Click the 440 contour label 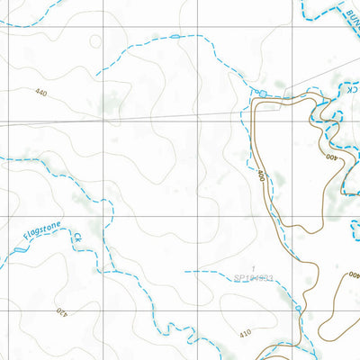pyautogui.click(x=41, y=92)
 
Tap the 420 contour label pyautogui.click(x=62, y=312)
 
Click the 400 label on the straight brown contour pyautogui.click(x=261, y=175)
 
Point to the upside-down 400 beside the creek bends pyautogui.click(x=332, y=157)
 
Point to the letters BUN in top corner pyautogui.click(x=346, y=13)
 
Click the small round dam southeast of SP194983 pyautogui.click(x=298, y=308)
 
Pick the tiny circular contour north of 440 pyautogui.click(x=94, y=40)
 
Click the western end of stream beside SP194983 pyautogui.click(x=185, y=270)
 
